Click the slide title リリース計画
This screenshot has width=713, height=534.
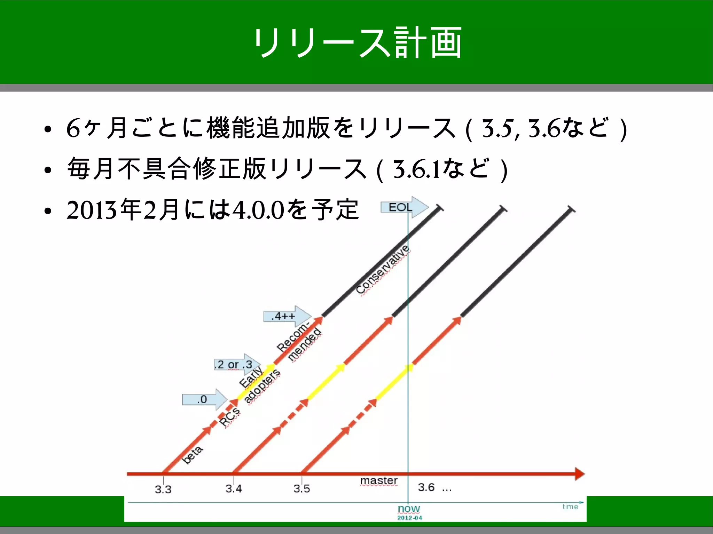357,43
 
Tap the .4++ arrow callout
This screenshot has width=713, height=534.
286,316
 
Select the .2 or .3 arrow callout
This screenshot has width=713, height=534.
236,365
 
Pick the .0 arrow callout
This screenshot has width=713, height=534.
203,399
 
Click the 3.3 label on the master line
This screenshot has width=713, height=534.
163,489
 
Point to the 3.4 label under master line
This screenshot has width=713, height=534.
233,489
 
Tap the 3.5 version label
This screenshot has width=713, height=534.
301,489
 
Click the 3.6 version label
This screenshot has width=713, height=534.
426,487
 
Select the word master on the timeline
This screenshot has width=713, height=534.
379,480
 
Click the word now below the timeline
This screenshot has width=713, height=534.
409,509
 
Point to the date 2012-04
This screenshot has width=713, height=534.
409,518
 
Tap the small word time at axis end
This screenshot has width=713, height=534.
570,507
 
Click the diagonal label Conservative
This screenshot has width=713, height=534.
383,270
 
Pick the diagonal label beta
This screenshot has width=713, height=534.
193,454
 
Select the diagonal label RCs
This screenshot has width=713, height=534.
230,417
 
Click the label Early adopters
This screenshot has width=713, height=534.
259,385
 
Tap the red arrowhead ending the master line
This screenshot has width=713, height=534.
579,474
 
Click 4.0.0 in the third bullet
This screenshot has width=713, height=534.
258,210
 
